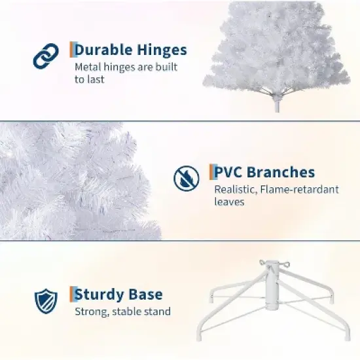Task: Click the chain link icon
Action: (45, 57)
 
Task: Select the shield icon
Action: (45, 300)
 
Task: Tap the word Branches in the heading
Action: (282, 173)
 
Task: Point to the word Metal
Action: (88, 67)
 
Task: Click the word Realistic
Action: (236, 190)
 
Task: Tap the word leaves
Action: (229, 202)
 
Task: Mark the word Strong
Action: (90, 312)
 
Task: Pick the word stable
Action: (126, 312)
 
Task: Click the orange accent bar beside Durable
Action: (71, 50)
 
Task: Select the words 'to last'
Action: (89, 79)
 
